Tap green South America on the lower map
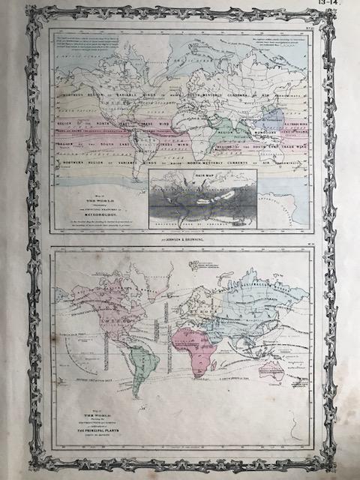coord(135,373)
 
